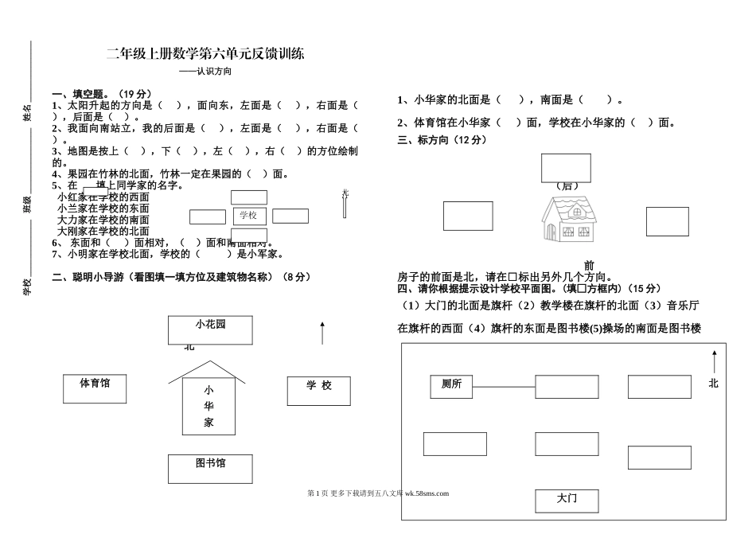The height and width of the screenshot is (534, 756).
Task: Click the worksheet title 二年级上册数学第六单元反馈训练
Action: coord(205,54)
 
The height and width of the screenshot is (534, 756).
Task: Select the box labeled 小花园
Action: coord(210,329)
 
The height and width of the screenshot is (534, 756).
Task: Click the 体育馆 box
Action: coord(95,388)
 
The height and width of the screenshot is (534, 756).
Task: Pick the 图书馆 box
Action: coord(210,469)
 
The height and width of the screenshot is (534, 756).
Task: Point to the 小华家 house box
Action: coord(208,406)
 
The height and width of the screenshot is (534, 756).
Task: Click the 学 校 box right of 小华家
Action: coord(318,391)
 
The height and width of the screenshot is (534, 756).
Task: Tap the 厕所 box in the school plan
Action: coord(451,386)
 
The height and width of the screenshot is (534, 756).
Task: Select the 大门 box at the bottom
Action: coord(567,501)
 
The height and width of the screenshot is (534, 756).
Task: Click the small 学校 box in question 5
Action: coord(248,216)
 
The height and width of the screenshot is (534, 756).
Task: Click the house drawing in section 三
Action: coord(568,219)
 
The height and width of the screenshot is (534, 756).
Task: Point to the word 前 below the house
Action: coord(589,265)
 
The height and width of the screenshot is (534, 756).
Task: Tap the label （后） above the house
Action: coord(567,185)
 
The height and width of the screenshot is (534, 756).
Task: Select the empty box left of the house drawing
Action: coord(467,216)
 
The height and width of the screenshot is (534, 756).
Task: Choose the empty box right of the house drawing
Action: coord(667,221)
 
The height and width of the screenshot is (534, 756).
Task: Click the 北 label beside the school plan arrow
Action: coord(713,384)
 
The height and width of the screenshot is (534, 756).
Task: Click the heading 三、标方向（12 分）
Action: coord(441,139)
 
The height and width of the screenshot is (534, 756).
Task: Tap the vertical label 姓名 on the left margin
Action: coord(26,112)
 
